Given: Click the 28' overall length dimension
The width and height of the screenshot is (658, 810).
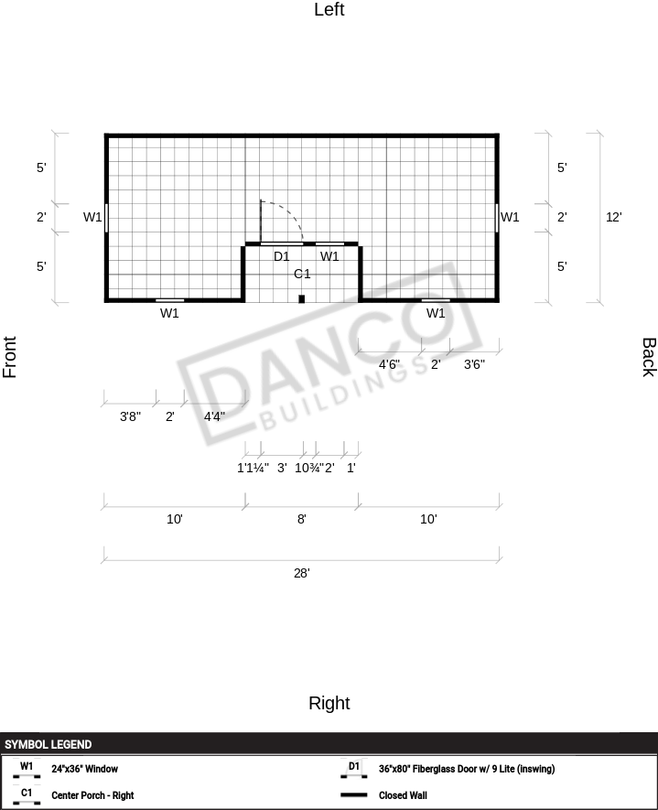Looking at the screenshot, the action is (302, 573).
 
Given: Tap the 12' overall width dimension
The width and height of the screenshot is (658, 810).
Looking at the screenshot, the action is (613, 217).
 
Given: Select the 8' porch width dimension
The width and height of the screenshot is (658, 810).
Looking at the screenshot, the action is (302, 519).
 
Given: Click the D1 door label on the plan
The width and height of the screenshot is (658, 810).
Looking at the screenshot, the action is (282, 256).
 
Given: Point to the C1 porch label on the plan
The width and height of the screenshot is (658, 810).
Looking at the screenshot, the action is (302, 274).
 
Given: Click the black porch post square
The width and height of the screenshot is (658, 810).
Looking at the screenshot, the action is (302, 298).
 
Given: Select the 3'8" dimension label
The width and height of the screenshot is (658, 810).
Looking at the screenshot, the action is (130, 416).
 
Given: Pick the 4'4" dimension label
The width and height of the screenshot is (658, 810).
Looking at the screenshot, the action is (214, 416).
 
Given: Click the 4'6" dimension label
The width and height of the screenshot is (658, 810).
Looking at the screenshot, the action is (389, 364).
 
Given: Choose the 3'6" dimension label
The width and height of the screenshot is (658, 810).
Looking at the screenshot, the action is (474, 364).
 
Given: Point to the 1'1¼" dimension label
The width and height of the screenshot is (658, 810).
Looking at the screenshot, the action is (253, 468).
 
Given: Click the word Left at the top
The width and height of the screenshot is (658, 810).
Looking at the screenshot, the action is (329, 9).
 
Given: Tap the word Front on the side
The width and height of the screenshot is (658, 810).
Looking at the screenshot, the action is (10, 357).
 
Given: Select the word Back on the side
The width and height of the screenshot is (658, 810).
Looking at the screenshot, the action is (649, 358).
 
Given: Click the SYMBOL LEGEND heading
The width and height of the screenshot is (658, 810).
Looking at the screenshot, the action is (48, 744).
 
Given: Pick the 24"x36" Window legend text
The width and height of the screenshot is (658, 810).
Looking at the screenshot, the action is (85, 769).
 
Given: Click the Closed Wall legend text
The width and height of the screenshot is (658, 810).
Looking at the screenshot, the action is (403, 795).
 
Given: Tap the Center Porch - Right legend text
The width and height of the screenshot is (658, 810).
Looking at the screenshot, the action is (92, 795).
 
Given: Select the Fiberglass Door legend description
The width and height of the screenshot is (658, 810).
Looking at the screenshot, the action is (467, 769).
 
